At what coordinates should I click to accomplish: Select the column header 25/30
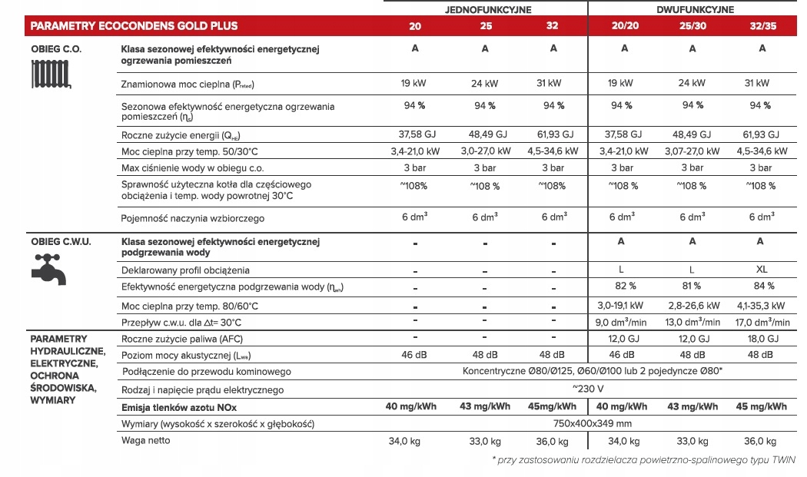(692, 26)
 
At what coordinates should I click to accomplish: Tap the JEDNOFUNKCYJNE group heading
(483, 9)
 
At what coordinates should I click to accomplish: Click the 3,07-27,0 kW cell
(692, 151)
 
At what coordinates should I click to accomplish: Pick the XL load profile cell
(762, 270)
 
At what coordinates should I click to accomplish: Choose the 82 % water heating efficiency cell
(625, 287)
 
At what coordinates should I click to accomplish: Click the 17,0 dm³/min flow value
(762, 323)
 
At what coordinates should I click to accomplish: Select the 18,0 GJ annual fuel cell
(762, 339)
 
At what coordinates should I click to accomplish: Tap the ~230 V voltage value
(588, 389)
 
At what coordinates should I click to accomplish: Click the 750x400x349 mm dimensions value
(588, 423)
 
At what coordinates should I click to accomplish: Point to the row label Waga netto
(146, 440)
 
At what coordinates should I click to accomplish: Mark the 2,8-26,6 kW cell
(692, 305)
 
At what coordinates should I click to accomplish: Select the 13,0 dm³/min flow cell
(692, 323)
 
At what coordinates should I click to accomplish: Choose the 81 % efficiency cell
(692, 287)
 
